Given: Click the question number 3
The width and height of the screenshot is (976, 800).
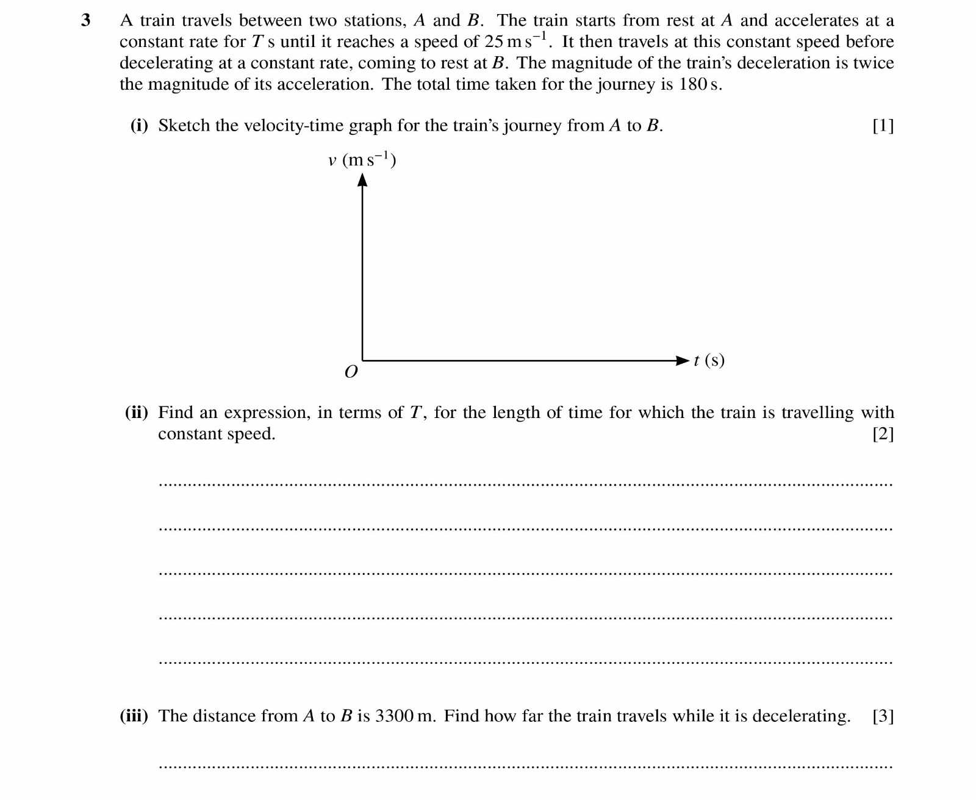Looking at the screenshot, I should pos(86,21).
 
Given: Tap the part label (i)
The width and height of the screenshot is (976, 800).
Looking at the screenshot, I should pos(140,126).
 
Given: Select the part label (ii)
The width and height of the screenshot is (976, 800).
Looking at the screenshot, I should pos(137,413).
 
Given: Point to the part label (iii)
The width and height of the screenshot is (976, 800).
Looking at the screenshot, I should pos(134,716).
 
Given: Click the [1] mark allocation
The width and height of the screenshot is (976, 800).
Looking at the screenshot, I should pos(883,126).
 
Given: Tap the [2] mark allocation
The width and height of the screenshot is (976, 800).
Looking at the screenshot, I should pos(883,434).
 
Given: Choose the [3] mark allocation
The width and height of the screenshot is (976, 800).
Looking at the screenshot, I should pos(883,716).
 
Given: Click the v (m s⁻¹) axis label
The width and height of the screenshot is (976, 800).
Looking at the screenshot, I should pos(362,160).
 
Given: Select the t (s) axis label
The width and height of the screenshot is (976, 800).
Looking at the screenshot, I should pos(709,360).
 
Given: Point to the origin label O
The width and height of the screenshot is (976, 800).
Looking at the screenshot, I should pos(351,372).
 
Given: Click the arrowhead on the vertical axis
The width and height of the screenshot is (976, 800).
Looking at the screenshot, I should pos(362,179).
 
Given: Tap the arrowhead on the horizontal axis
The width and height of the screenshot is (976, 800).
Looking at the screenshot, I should pos(682,361).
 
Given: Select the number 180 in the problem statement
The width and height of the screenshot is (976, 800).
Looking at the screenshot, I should pos(692,84).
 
